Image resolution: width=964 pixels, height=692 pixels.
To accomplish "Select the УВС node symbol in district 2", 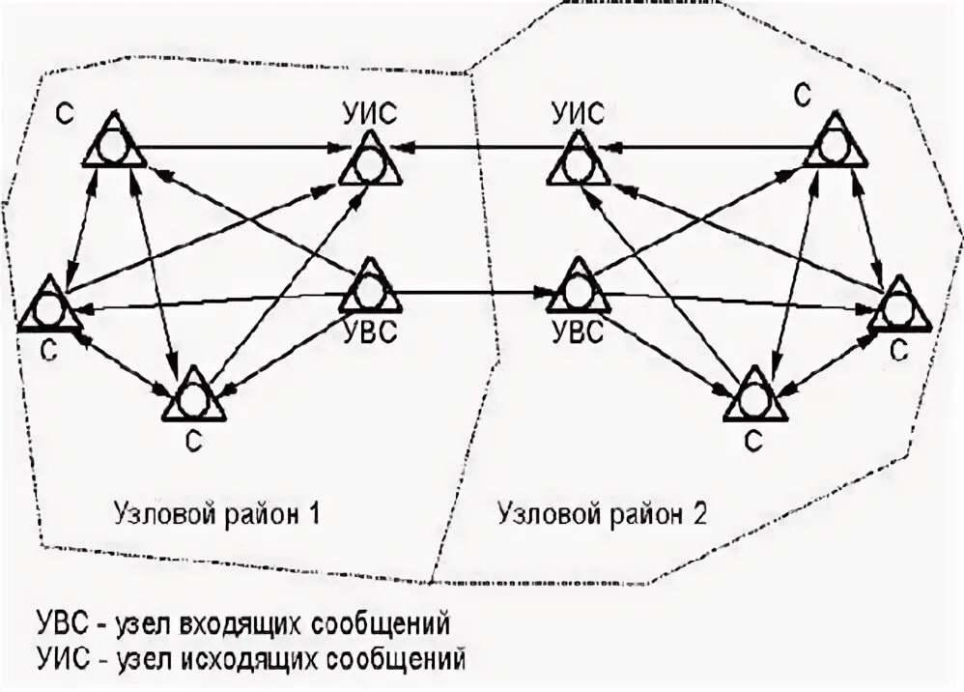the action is (x=578, y=288).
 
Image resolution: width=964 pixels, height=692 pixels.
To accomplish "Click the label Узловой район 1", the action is (x=216, y=512).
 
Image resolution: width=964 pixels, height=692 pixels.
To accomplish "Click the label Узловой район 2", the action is (x=603, y=512).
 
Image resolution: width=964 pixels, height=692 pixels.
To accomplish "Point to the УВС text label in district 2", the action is (x=577, y=333).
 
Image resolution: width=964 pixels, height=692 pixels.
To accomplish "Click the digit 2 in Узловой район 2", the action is (x=698, y=512).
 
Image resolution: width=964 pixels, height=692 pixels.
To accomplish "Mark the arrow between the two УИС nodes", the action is (x=473, y=148).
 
